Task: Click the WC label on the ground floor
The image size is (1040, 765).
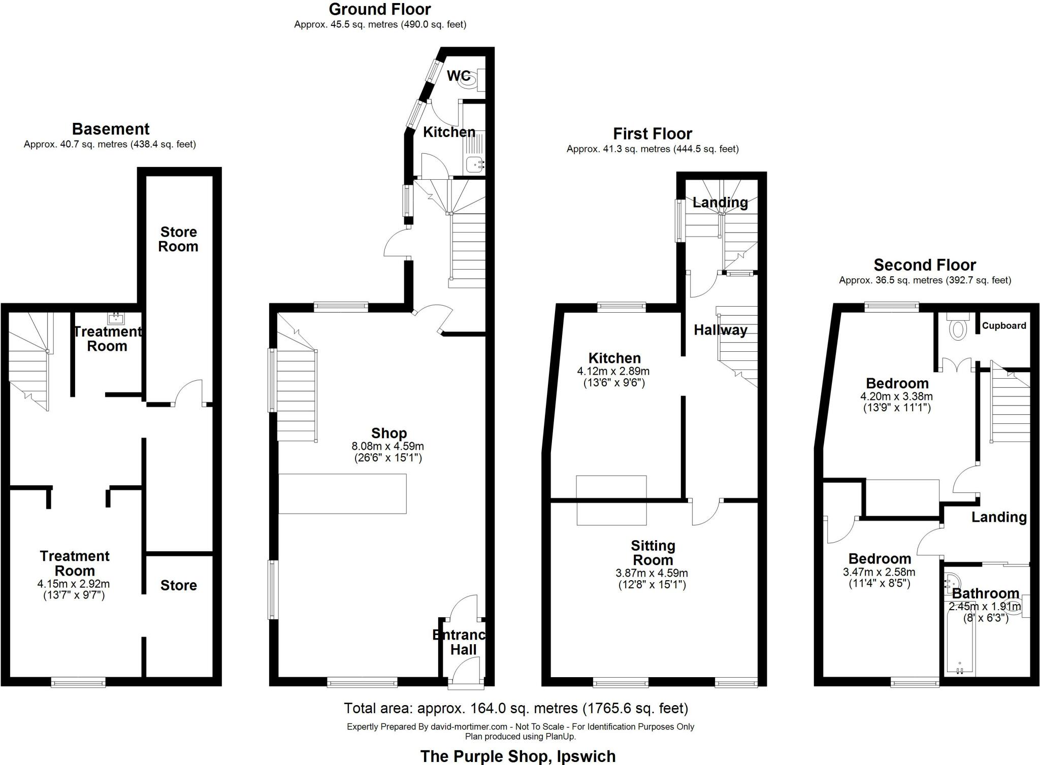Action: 458,76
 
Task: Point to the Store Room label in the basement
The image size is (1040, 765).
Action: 178,239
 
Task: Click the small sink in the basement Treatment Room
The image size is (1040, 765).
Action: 116,318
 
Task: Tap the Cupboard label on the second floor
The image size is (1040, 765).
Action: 1003,326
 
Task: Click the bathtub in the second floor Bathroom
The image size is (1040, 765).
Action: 959,641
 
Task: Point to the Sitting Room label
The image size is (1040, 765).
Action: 653,553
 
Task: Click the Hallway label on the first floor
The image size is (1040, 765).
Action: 720,330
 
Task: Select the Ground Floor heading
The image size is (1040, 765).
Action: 379,9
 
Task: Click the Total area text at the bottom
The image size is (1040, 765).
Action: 515,708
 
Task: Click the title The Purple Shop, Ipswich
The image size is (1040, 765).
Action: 517,756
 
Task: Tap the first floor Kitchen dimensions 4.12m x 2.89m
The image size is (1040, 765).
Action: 613,371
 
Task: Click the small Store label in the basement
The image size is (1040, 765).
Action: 178,585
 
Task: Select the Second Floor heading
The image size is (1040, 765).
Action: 924,265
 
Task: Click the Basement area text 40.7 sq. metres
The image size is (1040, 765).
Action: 109,144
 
